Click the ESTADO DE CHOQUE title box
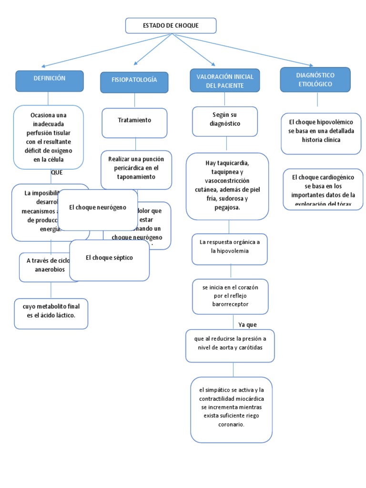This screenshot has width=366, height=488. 171,26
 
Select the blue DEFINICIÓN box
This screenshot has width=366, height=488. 49,81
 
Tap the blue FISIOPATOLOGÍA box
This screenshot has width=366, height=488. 134,82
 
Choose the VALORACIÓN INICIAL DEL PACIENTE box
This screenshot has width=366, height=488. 225,80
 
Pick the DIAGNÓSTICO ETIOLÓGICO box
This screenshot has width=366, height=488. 315,80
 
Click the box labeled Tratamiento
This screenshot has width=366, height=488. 134,122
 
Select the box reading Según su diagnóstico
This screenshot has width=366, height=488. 225,121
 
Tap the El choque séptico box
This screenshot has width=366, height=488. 109,260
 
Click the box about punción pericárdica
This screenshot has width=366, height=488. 136,169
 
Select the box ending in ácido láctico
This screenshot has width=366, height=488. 51,314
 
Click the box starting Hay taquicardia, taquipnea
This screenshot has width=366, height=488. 227,186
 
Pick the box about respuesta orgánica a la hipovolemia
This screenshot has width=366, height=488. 229,249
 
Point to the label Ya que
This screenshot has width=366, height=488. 247,325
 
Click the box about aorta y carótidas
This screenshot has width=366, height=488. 230,345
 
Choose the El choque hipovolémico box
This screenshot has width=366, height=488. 321,133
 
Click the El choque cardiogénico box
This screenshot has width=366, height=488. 323,189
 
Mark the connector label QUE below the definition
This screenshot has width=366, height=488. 56,173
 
